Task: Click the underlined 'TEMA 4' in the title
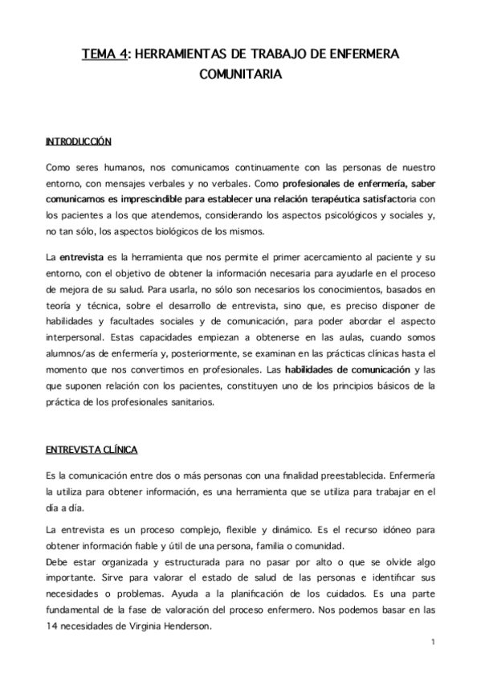pyautogui.click(x=104, y=54)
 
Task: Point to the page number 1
pyautogui.click(x=432, y=642)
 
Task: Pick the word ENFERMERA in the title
pyautogui.click(x=357, y=54)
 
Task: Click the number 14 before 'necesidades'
pyautogui.click(x=51, y=628)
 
